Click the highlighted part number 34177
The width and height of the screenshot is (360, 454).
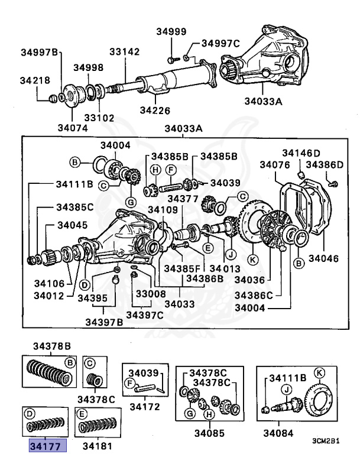click(x=49, y=445)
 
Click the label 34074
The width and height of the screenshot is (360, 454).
click(x=73, y=127)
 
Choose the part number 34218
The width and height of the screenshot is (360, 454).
click(x=35, y=80)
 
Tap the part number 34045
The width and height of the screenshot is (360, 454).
click(x=72, y=225)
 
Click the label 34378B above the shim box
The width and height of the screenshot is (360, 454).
click(x=51, y=346)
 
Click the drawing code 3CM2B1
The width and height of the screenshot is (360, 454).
click(x=329, y=440)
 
